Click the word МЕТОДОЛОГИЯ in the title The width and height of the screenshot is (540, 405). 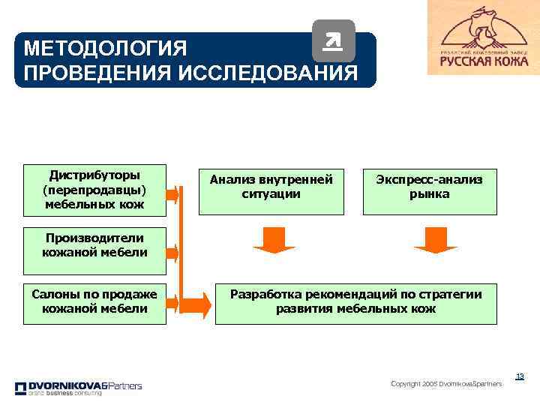[105, 49]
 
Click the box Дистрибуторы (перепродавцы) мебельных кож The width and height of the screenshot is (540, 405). [94, 188]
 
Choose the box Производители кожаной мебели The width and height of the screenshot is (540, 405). [94, 245]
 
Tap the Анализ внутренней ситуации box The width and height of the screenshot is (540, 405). [271, 187]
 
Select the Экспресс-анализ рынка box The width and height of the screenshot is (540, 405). [430, 187]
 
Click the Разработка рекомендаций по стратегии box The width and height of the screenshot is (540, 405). [355, 301]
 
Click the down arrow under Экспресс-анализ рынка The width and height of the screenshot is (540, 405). [430, 238]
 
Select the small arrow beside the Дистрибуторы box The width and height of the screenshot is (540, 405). [172, 196]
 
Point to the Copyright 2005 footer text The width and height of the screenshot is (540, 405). [446, 384]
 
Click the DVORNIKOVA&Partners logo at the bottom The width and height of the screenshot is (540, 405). [78, 388]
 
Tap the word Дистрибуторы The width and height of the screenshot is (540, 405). [94, 174]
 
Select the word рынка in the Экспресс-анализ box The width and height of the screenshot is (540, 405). [430, 194]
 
